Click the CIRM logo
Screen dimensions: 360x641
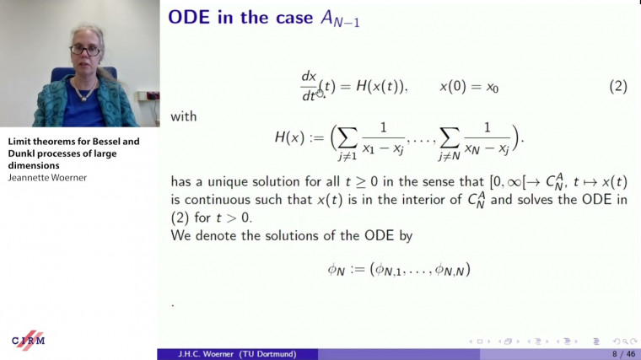tap(28, 339)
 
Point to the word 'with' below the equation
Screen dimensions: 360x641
tap(184, 116)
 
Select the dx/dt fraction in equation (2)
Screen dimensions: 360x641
tap(309, 87)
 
